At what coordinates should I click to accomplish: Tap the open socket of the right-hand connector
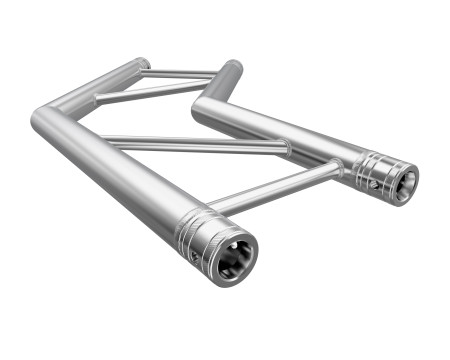pyautogui.click(x=402, y=184)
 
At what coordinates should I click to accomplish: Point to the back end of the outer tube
pyautogui.click(x=141, y=65)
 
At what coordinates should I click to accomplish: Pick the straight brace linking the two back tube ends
pyautogui.click(x=180, y=73)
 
